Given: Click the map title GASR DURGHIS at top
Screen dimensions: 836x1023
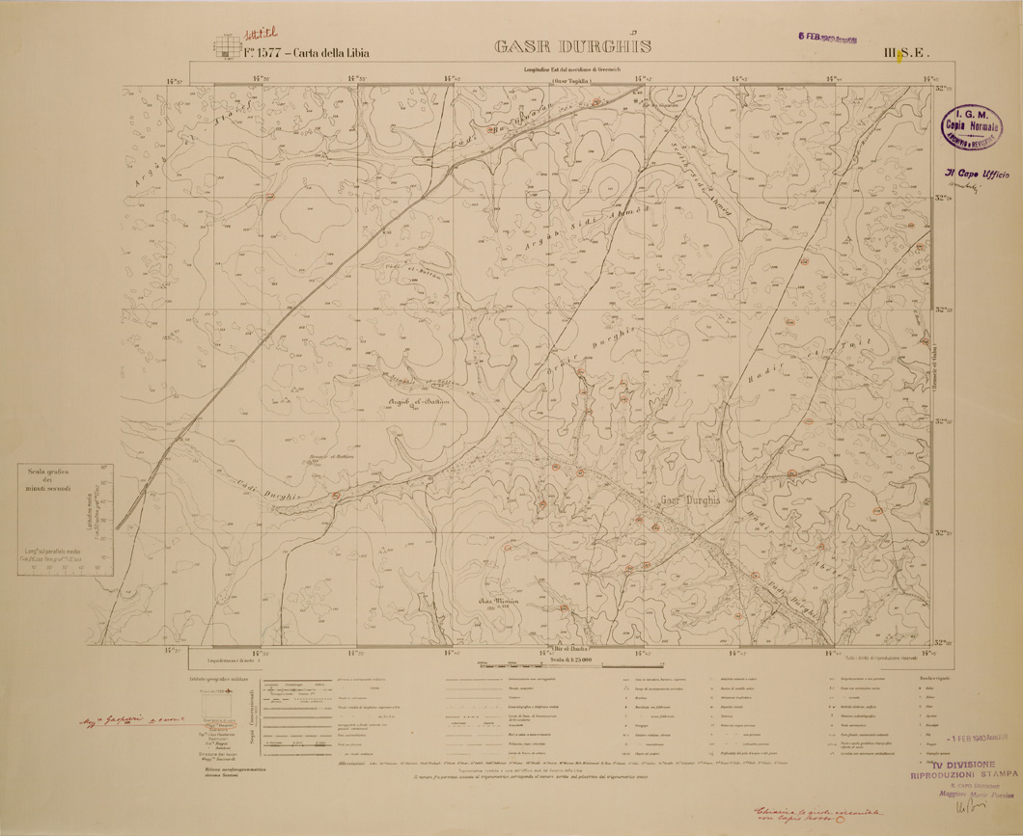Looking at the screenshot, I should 573,46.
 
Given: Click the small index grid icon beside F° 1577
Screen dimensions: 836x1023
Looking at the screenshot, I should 226,44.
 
